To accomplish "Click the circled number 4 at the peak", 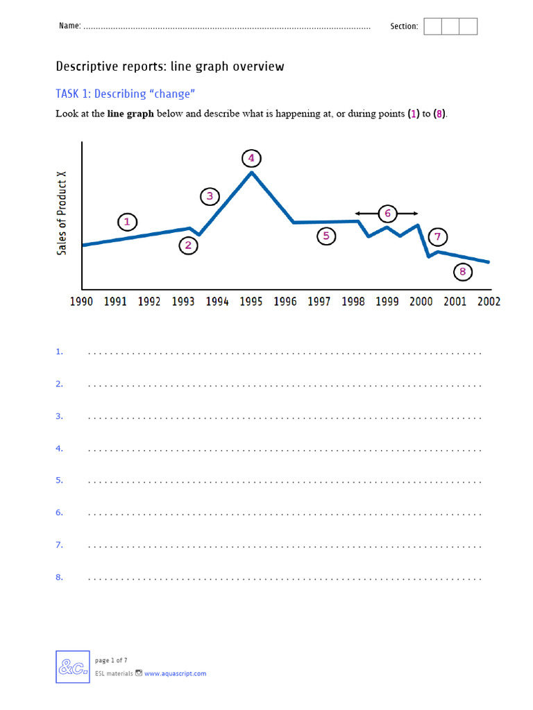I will pos(251,159).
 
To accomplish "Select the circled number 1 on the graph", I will pos(126,222).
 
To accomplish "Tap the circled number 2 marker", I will pos(188,245).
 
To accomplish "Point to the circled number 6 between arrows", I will pos(387,213).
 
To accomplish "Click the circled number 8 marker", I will pos(463,272).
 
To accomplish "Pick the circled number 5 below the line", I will pos(326,236).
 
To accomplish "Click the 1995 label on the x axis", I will pos(251,302).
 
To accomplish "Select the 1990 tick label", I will pos(82,302).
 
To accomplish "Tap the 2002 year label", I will pos(489,302).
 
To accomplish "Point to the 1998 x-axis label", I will pos(353,302).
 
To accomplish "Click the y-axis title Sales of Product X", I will pos(62,214).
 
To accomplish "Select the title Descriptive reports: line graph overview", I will pos(169,67).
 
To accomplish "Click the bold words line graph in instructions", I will pos(130,114).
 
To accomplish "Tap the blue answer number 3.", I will pos(59,416).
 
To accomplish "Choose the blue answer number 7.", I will pos(59,545).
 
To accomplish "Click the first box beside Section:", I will pos(432,26).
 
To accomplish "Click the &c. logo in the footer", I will pos(73,667).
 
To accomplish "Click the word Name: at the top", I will pos(69,26).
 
